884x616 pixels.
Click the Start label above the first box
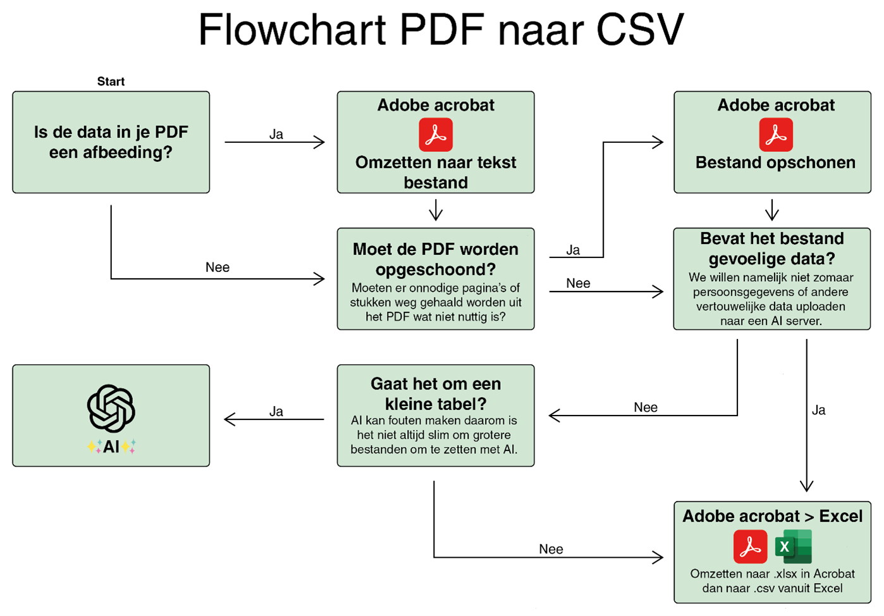111,82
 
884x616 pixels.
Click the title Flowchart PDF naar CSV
441,30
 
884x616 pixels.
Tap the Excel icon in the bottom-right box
793,546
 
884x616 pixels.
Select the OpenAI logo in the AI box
111,409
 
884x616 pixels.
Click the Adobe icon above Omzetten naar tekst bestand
436,135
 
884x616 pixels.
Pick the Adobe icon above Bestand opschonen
776,135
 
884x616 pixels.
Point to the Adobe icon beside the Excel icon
750,546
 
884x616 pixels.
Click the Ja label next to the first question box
276,134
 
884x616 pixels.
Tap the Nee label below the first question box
218,268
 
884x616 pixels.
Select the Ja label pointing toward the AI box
276,412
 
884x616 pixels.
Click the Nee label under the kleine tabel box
551,550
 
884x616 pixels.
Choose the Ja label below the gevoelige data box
819,410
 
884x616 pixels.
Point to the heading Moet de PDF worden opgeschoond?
436,259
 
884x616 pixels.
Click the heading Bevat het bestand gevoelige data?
772,249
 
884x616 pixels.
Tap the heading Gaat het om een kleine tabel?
436,393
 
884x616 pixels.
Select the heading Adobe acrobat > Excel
772,516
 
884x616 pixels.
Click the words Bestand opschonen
775,163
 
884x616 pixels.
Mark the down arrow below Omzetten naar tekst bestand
436,210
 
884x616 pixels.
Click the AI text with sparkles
111,447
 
